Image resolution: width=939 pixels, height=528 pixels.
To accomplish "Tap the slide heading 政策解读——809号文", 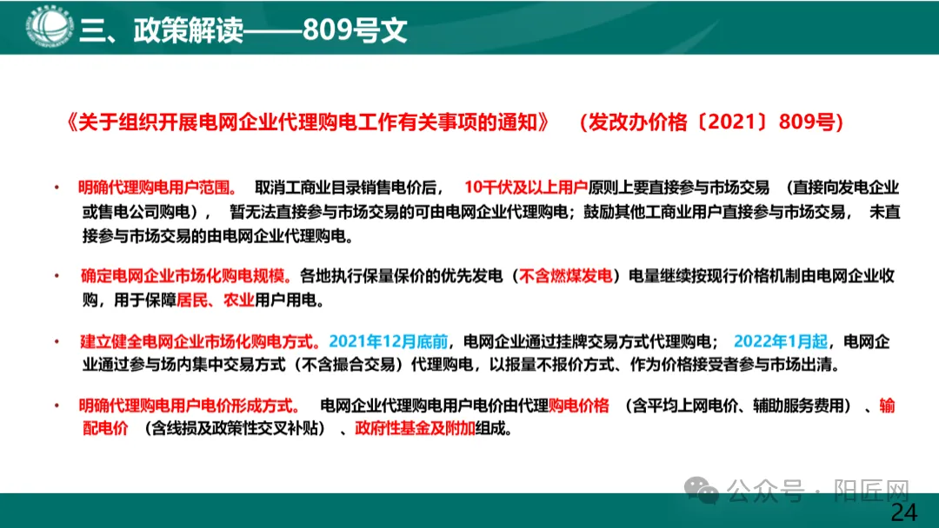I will click(243, 30).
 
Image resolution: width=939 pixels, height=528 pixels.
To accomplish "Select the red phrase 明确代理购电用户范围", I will click(156, 187).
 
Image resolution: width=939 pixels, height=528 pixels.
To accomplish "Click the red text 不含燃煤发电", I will click(566, 276).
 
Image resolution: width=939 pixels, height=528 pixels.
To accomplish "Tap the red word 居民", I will click(190, 300).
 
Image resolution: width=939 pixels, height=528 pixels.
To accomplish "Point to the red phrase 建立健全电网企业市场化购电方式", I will click(200, 340).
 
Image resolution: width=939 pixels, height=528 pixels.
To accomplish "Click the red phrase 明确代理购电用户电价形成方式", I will click(188, 406).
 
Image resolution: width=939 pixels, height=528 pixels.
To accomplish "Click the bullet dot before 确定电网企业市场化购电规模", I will click(58, 276).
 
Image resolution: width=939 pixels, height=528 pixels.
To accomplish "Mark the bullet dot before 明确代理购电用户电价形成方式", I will click(58, 406).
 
